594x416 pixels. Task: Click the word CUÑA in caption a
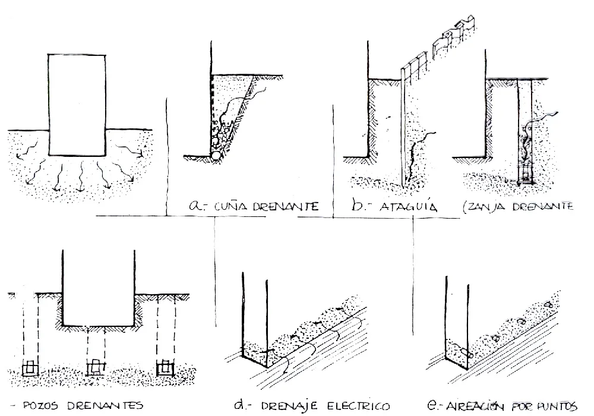pyautogui.click(x=221, y=208)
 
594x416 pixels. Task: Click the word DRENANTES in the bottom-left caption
pyautogui.click(x=105, y=406)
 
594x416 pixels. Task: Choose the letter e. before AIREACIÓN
pyautogui.click(x=434, y=406)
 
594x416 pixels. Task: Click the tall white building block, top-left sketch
pyautogui.click(x=77, y=104)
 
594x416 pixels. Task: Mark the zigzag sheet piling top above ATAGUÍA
pyautogui.click(x=454, y=36)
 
